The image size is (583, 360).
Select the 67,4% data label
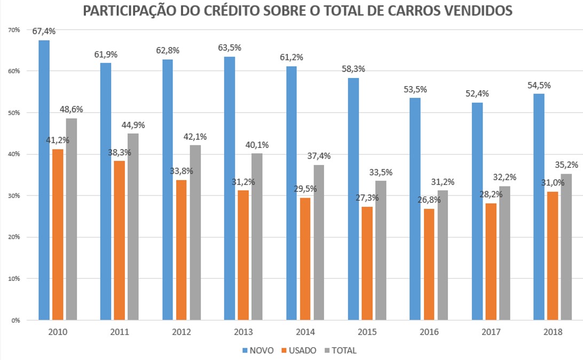[x=44, y=32]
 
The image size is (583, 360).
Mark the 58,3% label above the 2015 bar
[x=353, y=69]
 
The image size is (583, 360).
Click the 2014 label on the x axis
[x=305, y=332]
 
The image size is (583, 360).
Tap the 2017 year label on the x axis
[x=491, y=332]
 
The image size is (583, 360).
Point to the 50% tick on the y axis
[x=14, y=113]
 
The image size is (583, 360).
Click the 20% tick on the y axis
[x=14, y=237]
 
